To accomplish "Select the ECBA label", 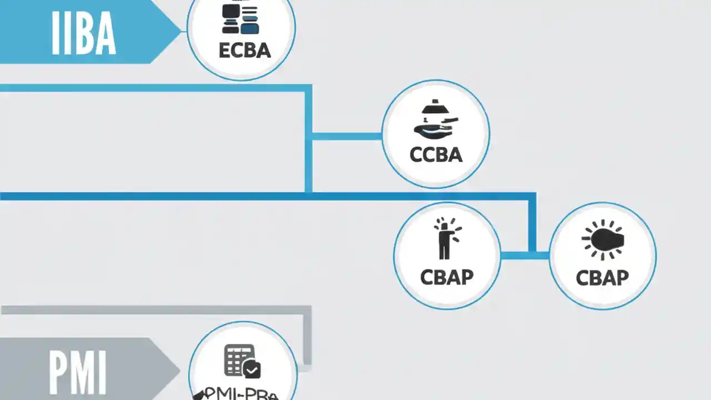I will click(244, 51).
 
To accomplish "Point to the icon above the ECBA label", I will click(241, 19).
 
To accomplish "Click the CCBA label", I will click(436, 154).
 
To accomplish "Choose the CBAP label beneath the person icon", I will click(447, 277).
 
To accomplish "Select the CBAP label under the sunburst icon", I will click(602, 277).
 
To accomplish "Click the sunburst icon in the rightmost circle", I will click(603, 239).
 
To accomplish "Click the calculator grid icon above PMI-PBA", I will click(239, 359).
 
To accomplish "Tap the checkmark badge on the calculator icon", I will click(252, 369).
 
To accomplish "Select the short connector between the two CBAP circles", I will click(525, 256).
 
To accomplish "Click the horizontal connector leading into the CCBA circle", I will click(347, 136).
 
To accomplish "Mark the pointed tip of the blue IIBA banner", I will click(181, 31).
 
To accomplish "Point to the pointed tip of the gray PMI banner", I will click(179, 369).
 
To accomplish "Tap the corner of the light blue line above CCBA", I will click(308, 88).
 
